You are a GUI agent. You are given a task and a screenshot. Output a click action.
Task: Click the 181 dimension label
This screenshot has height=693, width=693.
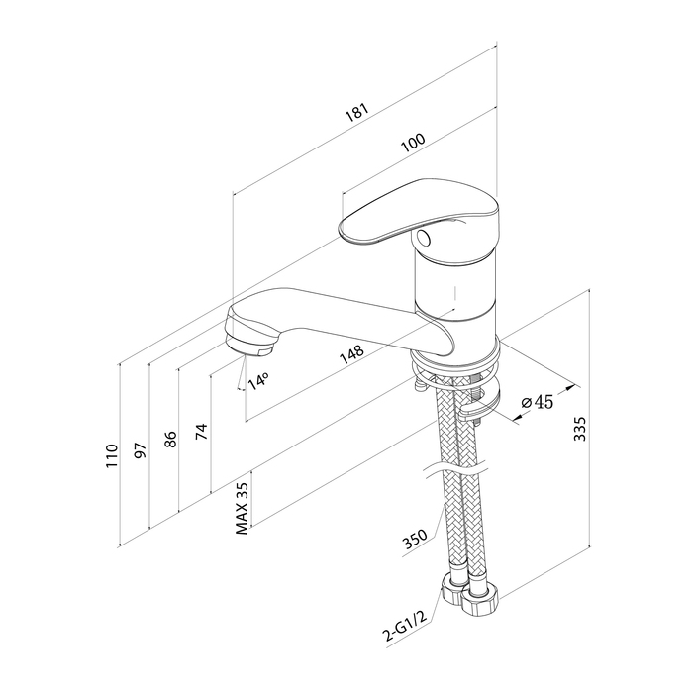[356, 113]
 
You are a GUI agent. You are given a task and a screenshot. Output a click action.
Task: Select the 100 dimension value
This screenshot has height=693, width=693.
[413, 143]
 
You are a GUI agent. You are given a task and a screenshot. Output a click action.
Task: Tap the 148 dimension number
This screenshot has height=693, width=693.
[351, 354]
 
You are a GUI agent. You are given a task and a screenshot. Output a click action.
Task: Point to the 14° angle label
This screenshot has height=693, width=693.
[258, 381]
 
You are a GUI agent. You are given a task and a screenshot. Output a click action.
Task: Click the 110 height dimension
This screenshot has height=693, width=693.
[112, 456]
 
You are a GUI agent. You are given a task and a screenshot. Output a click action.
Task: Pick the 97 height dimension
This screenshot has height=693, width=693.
[141, 449]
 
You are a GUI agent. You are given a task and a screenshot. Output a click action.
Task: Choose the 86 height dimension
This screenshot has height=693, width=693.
[170, 439]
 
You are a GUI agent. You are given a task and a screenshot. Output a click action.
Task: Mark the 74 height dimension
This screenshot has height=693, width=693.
[201, 432]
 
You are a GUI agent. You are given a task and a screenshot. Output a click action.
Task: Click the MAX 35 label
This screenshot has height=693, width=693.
[242, 508]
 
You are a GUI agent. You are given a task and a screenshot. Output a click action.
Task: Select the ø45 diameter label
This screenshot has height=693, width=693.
[537, 402]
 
